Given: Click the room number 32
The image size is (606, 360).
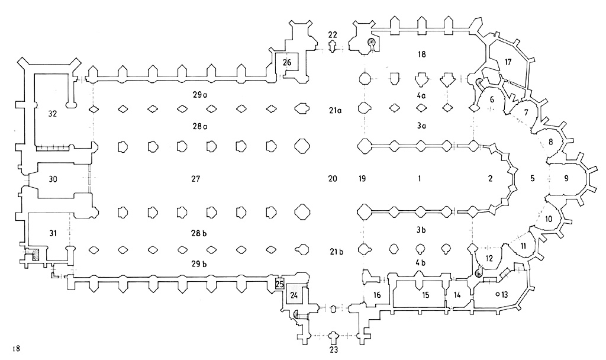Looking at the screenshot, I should [x=52, y=114].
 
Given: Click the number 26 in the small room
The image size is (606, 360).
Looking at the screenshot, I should [x=287, y=62].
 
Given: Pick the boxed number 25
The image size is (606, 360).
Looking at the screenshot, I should [x=280, y=284].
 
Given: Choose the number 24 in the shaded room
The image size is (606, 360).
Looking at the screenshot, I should [x=294, y=293].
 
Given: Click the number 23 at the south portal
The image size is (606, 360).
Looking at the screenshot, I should [x=333, y=349].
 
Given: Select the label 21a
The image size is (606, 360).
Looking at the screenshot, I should [x=336, y=110].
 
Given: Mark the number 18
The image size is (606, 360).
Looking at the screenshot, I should [x=421, y=54].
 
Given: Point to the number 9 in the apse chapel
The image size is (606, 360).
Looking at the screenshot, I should [x=566, y=178].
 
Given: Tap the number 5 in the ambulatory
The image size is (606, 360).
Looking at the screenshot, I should [x=532, y=178].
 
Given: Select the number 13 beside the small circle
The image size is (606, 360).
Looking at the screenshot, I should [x=504, y=294].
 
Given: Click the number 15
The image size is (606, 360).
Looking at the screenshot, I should [x=426, y=294].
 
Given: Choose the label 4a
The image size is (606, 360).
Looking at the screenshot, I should [x=421, y=94].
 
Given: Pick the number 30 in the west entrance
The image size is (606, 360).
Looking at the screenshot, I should [x=53, y=178].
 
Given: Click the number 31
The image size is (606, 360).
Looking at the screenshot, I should [x=52, y=233].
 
